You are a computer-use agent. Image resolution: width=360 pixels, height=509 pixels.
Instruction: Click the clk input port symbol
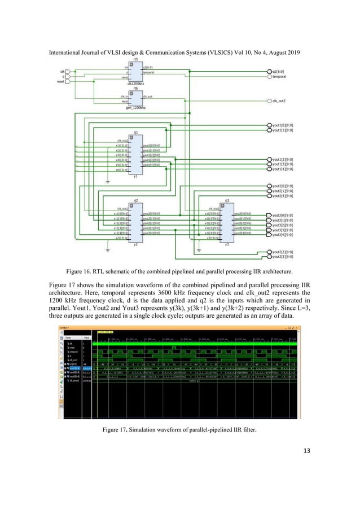click(68, 72)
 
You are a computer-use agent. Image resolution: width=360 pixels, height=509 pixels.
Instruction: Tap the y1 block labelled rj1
click(135, 154)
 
